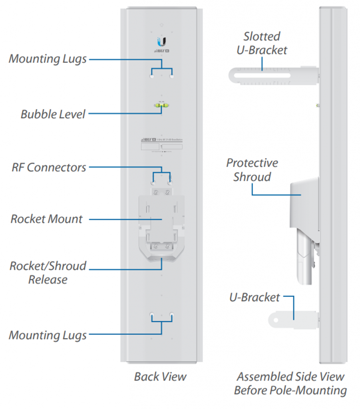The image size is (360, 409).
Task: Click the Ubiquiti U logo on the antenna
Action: coord(161,42)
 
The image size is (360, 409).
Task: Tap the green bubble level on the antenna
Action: coord(161,105)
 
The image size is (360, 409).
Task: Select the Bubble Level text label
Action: coord(53,114)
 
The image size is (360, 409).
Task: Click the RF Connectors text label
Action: coord(49,167)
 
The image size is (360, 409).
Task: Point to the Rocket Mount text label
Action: coord(46,219)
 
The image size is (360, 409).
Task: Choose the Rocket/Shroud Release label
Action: coord(48,272)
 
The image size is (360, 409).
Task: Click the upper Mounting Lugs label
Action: coord(48,59)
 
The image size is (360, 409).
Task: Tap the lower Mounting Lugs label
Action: coord(48,335)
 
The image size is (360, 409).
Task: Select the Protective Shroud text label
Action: coord(252,170)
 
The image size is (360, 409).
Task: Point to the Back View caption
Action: coord(160,376)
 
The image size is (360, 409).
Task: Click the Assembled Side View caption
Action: coord(290,383)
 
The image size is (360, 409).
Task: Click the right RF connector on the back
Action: coord(170,182)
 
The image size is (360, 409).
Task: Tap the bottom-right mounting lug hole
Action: coord(171,314)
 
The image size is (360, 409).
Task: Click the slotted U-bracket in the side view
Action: coord(272,75)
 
